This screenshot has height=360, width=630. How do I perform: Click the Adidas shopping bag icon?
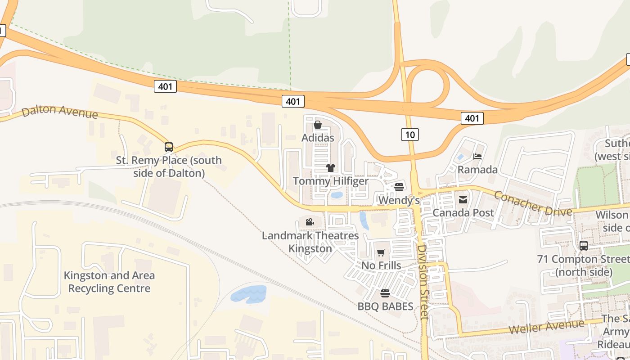(x=318, y=125)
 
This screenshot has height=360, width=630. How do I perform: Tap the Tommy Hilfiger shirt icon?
(x=331, y=168)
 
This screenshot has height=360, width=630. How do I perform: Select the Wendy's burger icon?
(x=399, y=187)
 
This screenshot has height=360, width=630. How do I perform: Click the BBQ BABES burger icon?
(x=385, y=293)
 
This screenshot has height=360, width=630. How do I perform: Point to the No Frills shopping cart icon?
(x=381, y=253)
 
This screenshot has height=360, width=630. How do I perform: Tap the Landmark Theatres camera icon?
(x=310, y=222)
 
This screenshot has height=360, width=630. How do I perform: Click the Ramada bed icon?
(x=477, y=157)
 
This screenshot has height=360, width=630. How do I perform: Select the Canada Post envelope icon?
(x=463, y=199)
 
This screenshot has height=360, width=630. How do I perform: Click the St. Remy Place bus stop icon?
(x=169, y=147)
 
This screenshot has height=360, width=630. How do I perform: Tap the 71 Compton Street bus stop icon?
(x=584, y=246)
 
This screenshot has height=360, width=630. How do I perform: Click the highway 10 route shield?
(x=410, y=134)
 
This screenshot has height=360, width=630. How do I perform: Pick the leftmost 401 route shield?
(x=165, y=86)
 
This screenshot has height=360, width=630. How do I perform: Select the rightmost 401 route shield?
(x=472, y=118)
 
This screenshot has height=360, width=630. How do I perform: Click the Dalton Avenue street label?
(x=59, y=111)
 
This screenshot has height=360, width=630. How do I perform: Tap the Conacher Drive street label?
(x=533, y=203)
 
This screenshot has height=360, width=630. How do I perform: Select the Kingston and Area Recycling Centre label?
(x=109, y=282)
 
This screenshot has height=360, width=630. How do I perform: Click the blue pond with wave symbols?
(x=248, y=294)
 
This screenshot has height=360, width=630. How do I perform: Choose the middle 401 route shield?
(x=293, y=101)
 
